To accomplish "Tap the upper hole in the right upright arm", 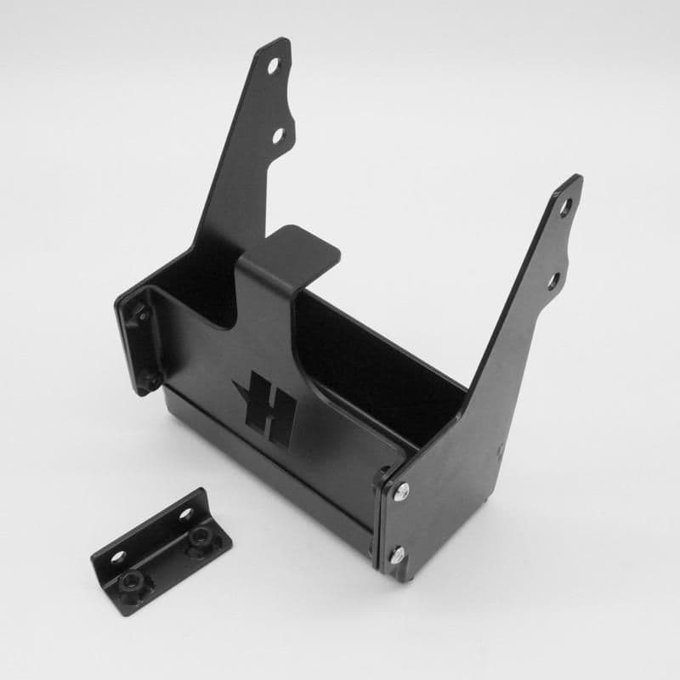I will pyautogui.click(x=565, y=207).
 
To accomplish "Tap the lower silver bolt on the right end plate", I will pyautogui.click(x=398, y=557).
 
